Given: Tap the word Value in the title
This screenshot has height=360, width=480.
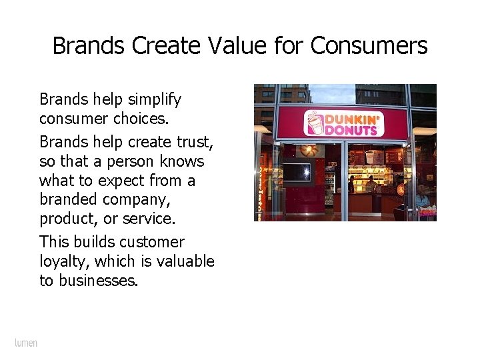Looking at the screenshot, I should [225, 46].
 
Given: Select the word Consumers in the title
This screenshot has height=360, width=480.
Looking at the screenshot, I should [369, 46].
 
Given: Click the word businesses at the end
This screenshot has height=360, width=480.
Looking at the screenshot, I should [98, 281].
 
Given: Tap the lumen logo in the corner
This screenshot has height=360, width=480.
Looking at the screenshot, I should [27, 343].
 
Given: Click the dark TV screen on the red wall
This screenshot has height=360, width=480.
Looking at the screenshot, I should [297, 173].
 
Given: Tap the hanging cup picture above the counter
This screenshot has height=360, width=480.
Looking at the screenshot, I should [371, 157].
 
